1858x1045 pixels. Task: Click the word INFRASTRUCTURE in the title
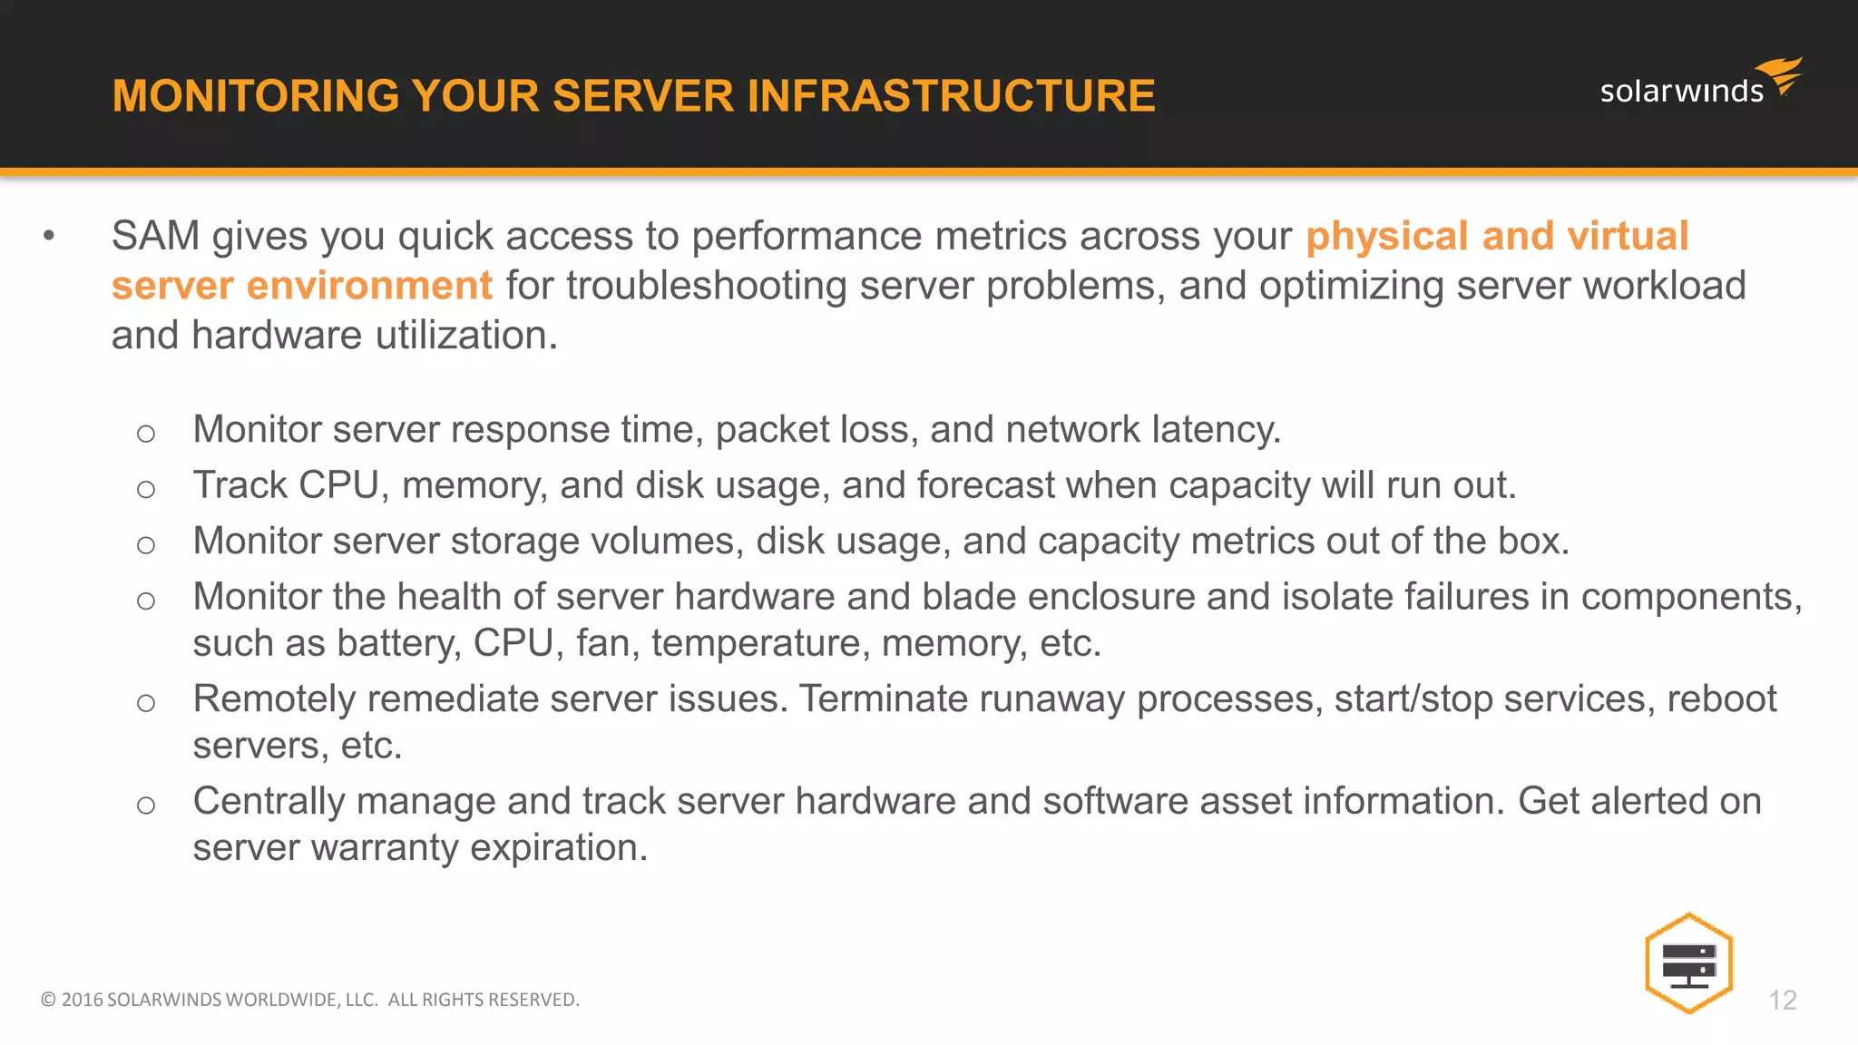[951, 96]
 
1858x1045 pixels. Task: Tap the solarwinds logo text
[1681, 92]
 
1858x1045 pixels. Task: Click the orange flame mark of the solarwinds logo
[1781, 74]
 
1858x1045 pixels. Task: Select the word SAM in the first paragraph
[155, 236]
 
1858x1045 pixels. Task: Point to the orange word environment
[369, 286]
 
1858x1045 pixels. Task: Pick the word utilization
[466, 336]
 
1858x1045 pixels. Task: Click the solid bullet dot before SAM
[49, 237]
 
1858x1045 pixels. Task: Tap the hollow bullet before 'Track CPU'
[146, 490]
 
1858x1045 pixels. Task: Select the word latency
[1216, 429]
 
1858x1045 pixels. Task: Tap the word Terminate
[884, 699]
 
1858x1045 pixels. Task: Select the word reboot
[1721, 699]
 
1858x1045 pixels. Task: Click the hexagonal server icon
[1688, 963]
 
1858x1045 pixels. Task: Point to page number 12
[1783, 1000]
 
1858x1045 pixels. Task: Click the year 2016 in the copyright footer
[82, 1000]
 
